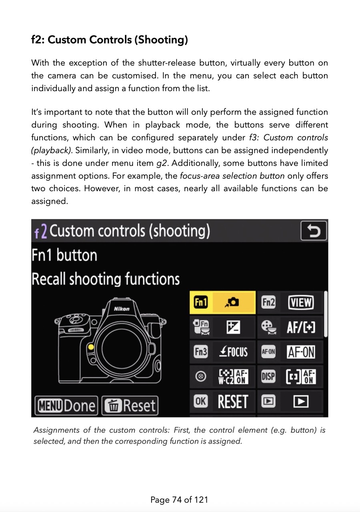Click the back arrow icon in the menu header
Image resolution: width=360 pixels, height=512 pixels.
(314, 231)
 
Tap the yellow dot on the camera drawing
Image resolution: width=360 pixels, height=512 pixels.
(91, 347)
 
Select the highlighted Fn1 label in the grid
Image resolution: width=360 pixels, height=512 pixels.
(200, 302)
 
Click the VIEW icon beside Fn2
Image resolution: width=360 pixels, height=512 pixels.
(301, 303)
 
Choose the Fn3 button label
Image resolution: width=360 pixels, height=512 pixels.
(200, 352)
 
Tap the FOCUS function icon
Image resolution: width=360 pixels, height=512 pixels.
(234, 352)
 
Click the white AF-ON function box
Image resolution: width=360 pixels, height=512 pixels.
(301, 352)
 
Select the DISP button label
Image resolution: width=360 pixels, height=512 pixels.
(268, 377)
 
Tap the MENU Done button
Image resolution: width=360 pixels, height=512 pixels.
(66, 406)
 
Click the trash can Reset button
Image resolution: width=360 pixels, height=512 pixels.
(130, 406)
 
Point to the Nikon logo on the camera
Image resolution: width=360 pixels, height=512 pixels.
(122, 309)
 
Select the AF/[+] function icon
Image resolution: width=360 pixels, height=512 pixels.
(301, 328)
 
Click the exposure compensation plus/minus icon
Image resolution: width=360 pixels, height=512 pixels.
(233, 328)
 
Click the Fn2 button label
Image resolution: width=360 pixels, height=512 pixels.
(268, 303)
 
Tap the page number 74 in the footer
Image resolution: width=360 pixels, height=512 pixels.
(177, 500)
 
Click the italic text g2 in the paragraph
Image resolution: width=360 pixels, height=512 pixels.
(161, 163)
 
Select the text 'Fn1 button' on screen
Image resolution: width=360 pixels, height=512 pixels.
(64, 255)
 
